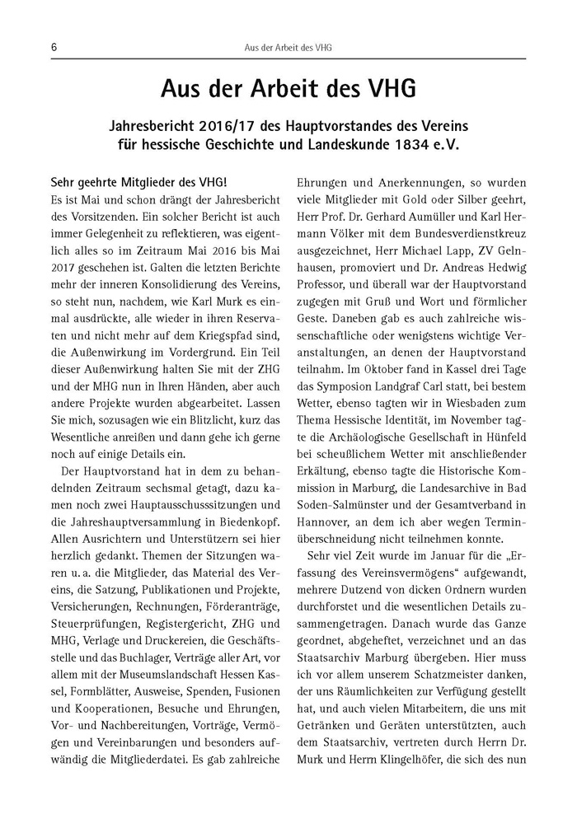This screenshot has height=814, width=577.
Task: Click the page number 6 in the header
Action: coord(53,48)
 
